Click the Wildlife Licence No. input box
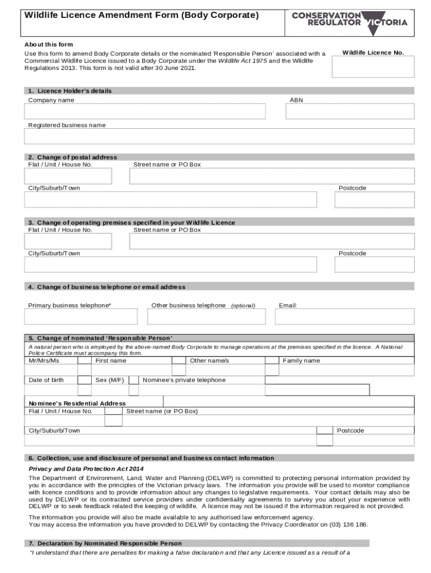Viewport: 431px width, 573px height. tap(373, 67)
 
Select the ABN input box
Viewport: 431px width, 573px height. tap(350, 111)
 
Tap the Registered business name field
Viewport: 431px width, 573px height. tap(219, 136)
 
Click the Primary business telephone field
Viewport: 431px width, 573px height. tap(81, 317)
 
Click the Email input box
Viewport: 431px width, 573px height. tap(344, 317)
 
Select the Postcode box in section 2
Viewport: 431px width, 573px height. tap(376, 200)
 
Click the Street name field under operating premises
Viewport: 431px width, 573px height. tap(271, 241)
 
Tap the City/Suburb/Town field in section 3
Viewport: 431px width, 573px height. tap(170, 264)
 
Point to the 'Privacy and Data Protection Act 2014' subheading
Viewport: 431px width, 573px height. tap(86, 468)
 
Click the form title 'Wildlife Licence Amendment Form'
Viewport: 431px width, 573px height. tap(141, 16)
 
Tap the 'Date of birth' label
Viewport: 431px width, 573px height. tap(46, 380)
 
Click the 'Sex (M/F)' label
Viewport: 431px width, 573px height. tap(109, 380)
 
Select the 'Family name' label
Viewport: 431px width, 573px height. tap(302, 361)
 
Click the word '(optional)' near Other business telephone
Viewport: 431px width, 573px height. tap(243, 306)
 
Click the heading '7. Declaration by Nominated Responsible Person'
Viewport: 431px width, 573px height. tap(105, 543)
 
